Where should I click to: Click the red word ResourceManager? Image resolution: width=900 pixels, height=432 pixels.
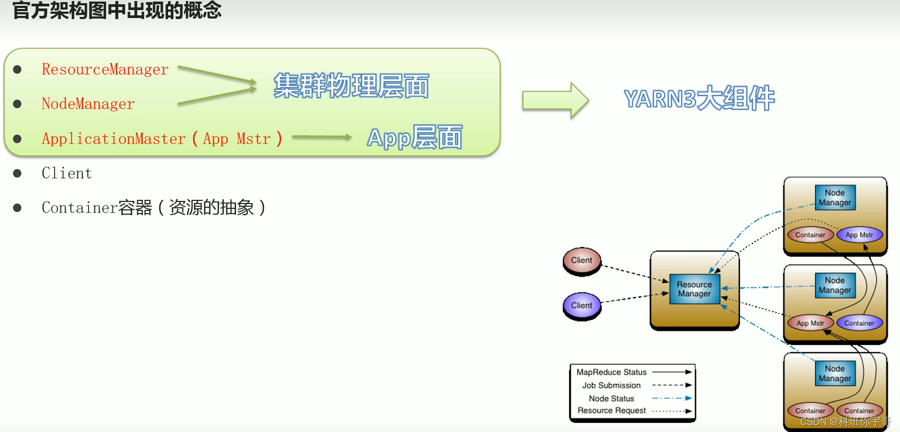pyautogui.click(x=105, y=69)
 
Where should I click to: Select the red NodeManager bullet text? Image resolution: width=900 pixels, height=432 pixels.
pyautogui.click(x=88, y=104)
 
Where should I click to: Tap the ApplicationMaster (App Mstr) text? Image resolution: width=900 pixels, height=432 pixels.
pyautogui.click(x=162, y=139)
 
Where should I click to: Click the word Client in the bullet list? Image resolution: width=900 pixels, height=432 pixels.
pyautogui.click(x=67, y=173)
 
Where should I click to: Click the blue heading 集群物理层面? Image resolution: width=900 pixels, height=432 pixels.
pyautogui.click(x=351, y=86)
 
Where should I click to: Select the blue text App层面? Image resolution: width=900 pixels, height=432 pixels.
pyautogui.click(x=414, y=138)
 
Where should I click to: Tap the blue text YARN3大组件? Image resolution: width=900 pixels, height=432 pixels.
pyautogui.click(x=699, y=99)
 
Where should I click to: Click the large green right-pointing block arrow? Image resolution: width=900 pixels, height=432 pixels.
pyautogui.click(x=555, y=100)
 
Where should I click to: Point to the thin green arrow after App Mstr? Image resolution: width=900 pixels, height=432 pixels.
pyautogui.click(x=321, y=137)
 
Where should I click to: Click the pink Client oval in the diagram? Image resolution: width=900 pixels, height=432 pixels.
pyautogui.click(x=582, y=260)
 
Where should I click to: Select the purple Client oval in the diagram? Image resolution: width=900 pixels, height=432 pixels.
pyautogui.click(x=582, y=305)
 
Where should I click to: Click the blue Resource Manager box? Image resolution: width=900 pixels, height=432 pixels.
pyautogui.click(x=694, y=289)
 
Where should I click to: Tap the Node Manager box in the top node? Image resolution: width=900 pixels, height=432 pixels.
pyautogui.click(x=835, y=198)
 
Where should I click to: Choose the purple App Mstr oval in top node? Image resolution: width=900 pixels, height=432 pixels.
pyautogui.click(x=859, y=235)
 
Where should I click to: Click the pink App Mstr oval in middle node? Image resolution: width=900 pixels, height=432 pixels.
pyautogui.click(x=810, y=323)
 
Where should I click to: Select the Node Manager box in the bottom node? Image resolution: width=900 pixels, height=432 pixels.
pyautogui.click(x=835, y=373)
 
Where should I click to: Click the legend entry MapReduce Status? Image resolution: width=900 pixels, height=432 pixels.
pyautogui.click(x=611, y=372)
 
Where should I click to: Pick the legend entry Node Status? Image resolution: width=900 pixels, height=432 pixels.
pyautogui.click(x=611, y=398)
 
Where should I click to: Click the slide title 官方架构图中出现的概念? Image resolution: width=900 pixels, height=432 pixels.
pyautogui.click(x=117, y=11)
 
